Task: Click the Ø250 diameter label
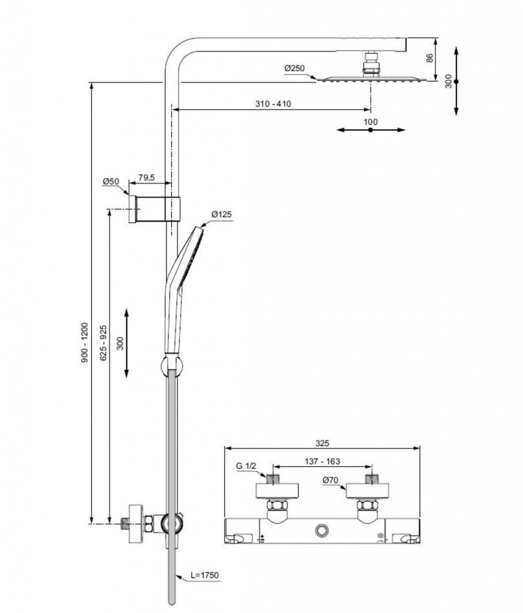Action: [295, 69]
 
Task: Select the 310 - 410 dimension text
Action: [273, 104]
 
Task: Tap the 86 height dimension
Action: [430, 59]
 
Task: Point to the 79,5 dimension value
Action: [147, 177]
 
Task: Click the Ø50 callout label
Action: [111, 181]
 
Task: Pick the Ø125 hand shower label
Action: [221, 214]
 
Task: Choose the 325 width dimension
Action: [322, 444]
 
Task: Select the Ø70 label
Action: [331, 480]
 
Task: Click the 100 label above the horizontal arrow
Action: [371, 122]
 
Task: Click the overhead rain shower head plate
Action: [371, 79]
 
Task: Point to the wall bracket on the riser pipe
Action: [155, 208]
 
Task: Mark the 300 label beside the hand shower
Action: [120, 343]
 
